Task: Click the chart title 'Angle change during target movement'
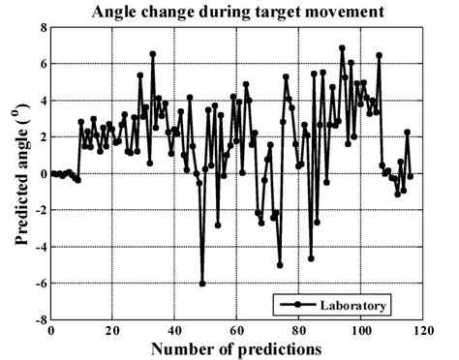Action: tap(235, 13)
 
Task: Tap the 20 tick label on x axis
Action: tap(113, 330)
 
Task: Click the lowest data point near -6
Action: tap(202, 284)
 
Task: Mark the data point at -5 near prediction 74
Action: tap(280, 264)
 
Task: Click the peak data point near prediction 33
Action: tap(153, 54)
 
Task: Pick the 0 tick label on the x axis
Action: tap(51, 330)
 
